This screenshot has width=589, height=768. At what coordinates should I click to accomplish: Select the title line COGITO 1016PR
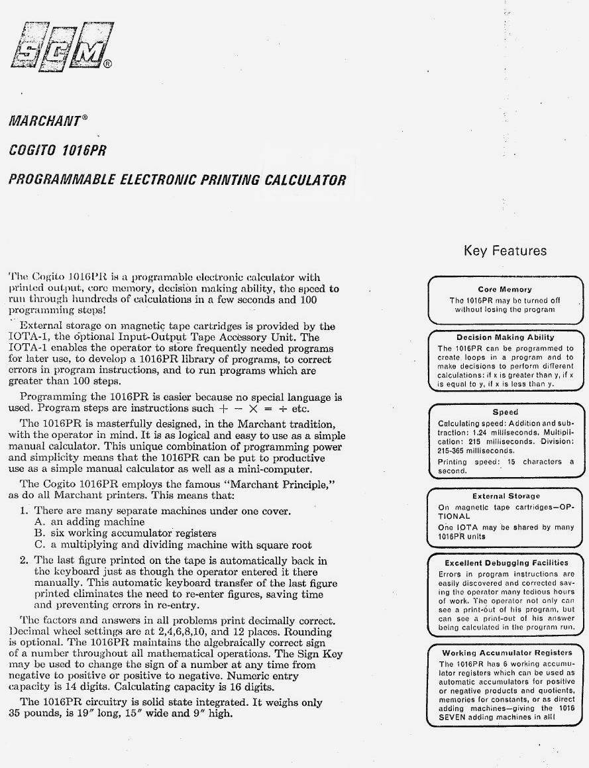coord(57,150)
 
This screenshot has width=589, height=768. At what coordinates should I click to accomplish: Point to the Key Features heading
coord(505,250)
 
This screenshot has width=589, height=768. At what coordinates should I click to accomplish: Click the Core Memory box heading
coord(505,290)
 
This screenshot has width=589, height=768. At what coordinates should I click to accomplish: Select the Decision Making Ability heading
coord(505,337)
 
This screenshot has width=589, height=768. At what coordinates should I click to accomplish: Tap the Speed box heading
coord(505,412)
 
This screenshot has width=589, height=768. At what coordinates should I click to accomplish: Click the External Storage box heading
coord(506,496)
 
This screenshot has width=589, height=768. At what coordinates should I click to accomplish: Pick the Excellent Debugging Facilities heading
coord(505,563)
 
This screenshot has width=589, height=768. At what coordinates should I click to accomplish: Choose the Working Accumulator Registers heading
coord(506,653)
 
